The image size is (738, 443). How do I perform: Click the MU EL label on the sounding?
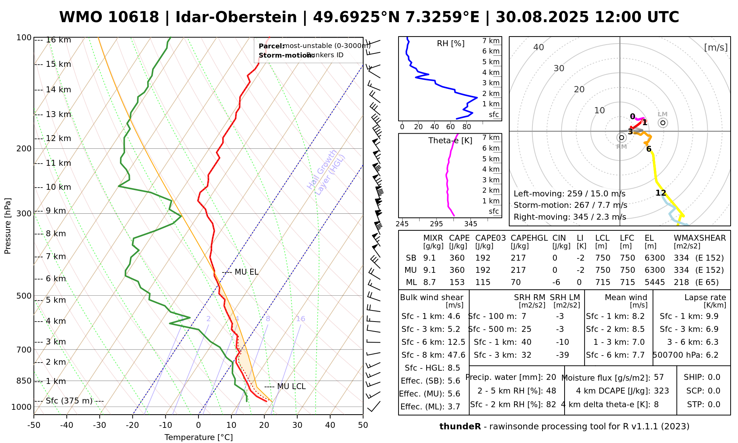pyautogui.click(x=246, y=272)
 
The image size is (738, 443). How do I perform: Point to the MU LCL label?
pyautogui.click(x=291, y=387)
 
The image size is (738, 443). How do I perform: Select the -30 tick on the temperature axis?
pyautogui.click(x=100, y=425)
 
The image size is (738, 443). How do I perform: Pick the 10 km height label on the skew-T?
pyautogui.click(x=58, y=187)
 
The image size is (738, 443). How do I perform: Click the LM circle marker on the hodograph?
pyautogui.click(x=663, y=123)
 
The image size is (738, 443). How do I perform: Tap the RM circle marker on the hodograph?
pyautogui.click(x=622, y=138)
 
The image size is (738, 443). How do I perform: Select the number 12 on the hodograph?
pyautogui.click(x=661, y=193)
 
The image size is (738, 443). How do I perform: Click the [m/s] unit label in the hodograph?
pyautogui.click(x=716, y=48)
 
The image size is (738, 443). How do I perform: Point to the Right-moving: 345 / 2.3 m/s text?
pyautogui.click(x=570, y=217)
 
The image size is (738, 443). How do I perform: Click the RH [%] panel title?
pyautogui.click(x=451, y=44)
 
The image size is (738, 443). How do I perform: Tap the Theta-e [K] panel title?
pyautogui.click(x=450, y=141)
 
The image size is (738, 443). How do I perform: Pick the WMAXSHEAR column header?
pyautogui.click(x=700, y=238)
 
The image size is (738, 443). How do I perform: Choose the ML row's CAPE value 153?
pyautogui.click(x=457, y=282)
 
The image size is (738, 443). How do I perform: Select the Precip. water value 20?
pyautogui.click(x=551, y=377)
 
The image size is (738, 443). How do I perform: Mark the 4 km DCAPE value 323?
pyautogui.click(x=661, y=391)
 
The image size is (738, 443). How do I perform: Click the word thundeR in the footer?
pyautogui.click(x=460, y=427)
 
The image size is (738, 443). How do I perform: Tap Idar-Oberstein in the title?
pyautogui.click(x=236, y=17)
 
